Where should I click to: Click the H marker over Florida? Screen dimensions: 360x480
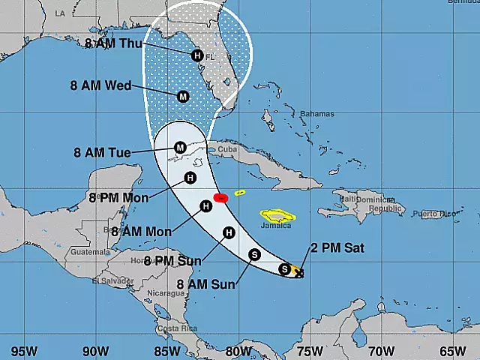(197, 55)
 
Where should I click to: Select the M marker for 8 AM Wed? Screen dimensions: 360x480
(183, 96)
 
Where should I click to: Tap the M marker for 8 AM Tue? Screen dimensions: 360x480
(180, 148)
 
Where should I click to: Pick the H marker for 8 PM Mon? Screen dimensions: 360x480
(190, 178)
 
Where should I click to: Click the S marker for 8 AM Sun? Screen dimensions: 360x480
(254, 254)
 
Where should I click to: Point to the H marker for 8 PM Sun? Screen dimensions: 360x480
(229, 233)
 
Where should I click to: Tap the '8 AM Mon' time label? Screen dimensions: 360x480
(136, 230)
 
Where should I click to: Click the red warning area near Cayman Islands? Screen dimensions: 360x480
(220, 198)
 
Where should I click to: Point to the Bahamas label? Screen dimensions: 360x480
(318, 115)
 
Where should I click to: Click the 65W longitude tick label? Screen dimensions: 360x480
(453, 349)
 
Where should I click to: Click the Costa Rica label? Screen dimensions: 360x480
(178, 328)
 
